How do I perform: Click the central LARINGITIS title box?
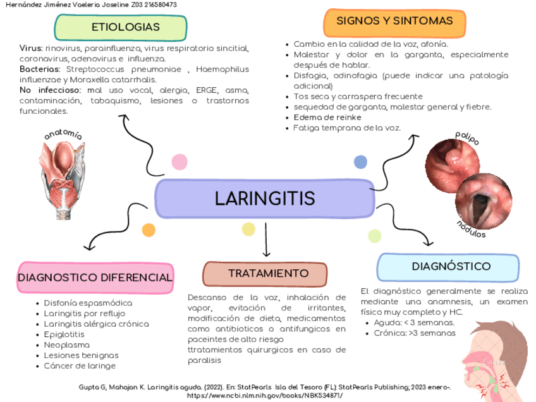[x=265, y=198]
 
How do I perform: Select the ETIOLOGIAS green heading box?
[x=121, y=27]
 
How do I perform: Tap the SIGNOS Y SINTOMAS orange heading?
[x=394, y=21]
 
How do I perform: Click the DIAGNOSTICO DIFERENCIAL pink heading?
[x=95, y=277]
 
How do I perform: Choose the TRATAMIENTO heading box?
[x=265, y=274]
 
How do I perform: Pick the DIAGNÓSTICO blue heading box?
[x=448, y=267]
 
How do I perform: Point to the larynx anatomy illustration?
[x=64, y=173]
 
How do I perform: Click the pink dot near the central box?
[x=180, y=162]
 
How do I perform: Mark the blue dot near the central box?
[x=360, y=162]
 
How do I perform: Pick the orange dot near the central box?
[x=149, y=230]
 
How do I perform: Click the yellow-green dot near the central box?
[x=374, y=236]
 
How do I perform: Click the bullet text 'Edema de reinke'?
[x=327, y=118]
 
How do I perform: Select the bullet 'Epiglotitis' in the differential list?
[x=64, y=334]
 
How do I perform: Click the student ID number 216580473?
[x=157, y=4]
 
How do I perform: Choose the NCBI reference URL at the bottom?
[x=265, y=395]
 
